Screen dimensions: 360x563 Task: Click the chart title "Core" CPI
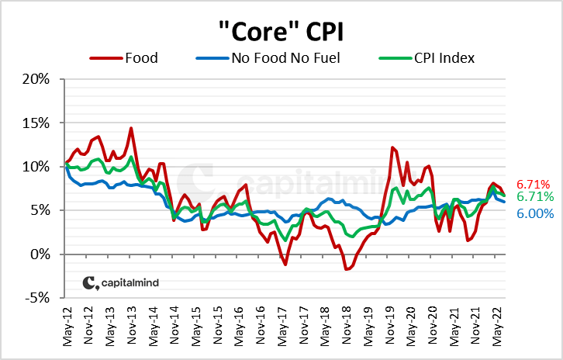coord(281,33)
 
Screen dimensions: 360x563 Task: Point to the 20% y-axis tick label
coord(36,79)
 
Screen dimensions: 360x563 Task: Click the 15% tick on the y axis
coord(36,123)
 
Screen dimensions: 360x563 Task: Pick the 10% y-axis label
coord(36,167)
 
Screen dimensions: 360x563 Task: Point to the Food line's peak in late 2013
coord(131,128)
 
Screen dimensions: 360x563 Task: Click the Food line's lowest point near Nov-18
coord(347,269)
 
